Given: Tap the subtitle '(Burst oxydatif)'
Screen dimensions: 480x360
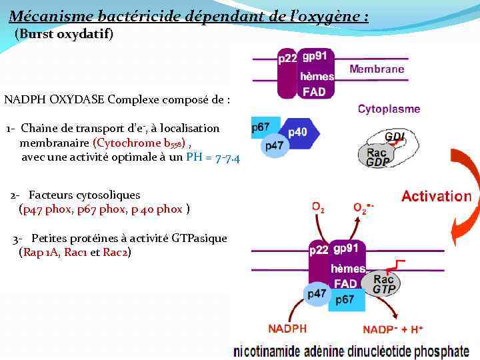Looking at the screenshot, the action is coord(64,33).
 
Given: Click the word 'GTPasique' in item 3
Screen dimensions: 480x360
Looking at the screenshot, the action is coord(199,238).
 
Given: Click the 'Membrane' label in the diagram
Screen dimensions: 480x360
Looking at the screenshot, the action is coord(377,69).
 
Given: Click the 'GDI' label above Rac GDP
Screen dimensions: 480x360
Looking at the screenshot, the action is coord(394,137).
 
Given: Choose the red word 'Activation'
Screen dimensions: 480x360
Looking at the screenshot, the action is coord(436,197).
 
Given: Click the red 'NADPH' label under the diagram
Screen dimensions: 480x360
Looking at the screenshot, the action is coord(287,329).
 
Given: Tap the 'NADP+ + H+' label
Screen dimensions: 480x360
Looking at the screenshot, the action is coord(393,329).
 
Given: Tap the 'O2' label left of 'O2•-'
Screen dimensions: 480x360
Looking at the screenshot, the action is coord(318,207).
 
